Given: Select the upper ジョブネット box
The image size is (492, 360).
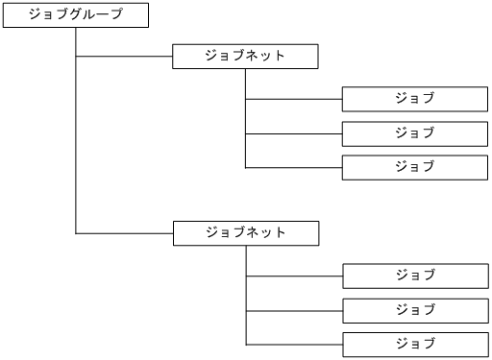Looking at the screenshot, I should (245, 56).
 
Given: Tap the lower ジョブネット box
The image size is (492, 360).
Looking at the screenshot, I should (245, 233).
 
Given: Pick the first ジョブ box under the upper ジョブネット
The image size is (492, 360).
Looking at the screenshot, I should (414, 99).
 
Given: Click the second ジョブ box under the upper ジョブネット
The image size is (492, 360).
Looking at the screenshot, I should (414, 132).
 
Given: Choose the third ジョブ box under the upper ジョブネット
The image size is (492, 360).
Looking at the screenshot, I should (414, 166).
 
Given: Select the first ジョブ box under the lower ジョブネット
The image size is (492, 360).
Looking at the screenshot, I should (414, 276).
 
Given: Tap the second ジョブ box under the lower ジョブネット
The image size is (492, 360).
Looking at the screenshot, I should (414, 310).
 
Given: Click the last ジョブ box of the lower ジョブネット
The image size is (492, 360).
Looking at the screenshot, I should (414, 344).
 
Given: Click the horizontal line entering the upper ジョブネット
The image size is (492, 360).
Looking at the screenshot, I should (124, 56).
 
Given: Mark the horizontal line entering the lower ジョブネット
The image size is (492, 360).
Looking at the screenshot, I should (124, 233).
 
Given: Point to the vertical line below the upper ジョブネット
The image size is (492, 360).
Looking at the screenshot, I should (246, 115).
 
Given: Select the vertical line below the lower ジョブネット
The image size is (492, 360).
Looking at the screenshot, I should (246, 293).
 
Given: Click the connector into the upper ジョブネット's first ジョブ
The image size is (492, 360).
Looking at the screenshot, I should (294, 99).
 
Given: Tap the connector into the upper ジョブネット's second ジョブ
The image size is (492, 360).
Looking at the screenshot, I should (294, 132).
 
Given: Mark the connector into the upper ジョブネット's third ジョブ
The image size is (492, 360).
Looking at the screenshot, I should (294, 167).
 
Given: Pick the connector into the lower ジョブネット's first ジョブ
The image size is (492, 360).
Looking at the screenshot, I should (294, 276).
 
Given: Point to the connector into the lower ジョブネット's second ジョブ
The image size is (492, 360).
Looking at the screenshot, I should (294, 310).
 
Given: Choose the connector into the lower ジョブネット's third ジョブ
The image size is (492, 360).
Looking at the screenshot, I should (294, 344).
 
